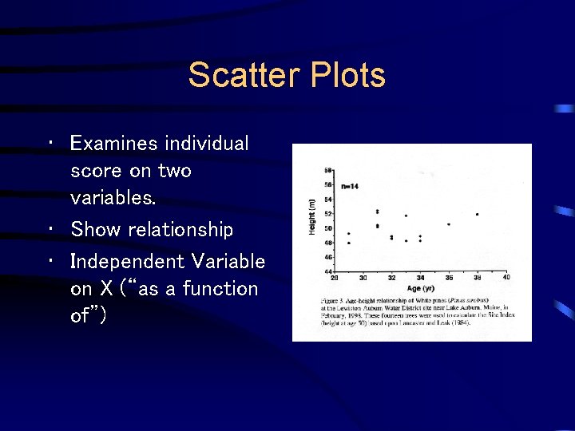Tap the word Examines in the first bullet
click(x=114, y=144)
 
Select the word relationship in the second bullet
click(x=181, y=230)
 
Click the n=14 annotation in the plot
click(x=350, y=185)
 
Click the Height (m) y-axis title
click(x=312, y=217)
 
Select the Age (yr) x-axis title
click(x=419, y=287)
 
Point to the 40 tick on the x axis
click(x=506, y=278)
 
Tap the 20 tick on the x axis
click(x=335, y=278)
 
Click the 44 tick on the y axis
click(x=327, y=271)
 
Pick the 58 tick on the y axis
click(x=327, y=171)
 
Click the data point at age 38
click(x=477, y=214)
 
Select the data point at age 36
click(x=448, y=224)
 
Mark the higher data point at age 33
click(x=406, y=215)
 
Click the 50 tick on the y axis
click(x=327, y=228)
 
